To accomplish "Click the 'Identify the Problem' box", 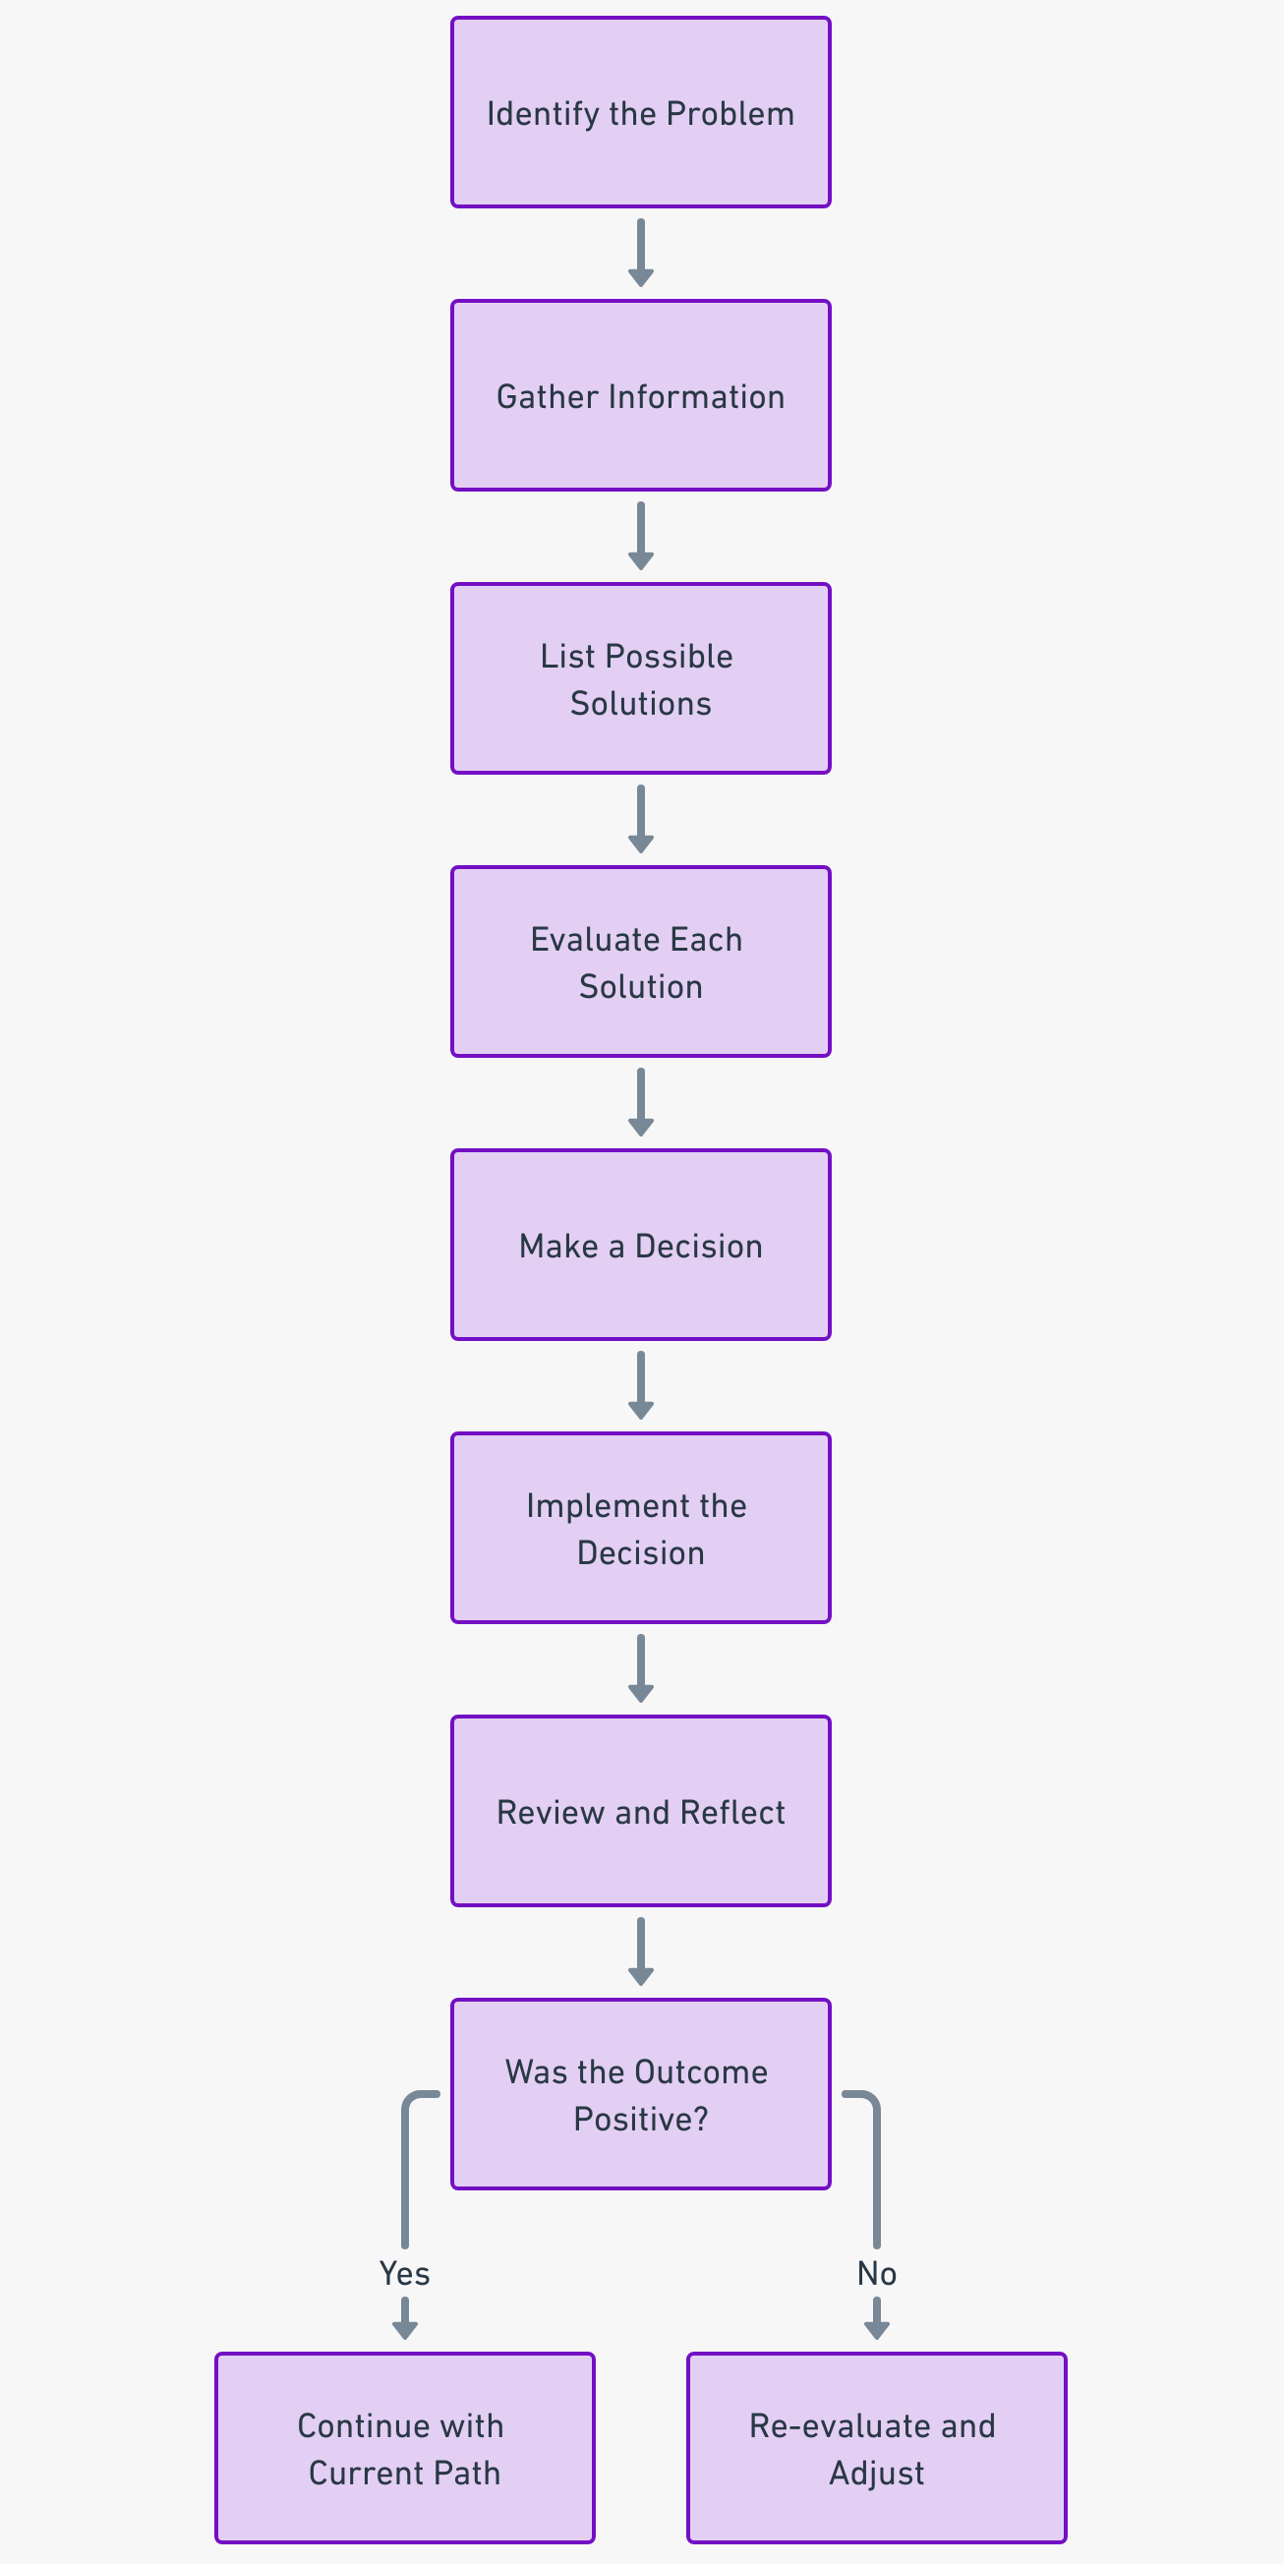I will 640,112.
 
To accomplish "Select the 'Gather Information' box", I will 640,395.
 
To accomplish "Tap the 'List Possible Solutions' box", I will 640,678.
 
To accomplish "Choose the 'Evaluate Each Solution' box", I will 640,961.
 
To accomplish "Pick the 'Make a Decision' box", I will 640,1246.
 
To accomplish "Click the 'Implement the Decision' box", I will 640,1528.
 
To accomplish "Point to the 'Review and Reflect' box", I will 640,1812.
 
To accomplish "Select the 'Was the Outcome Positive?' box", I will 640,2094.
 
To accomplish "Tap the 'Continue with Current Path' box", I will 404,2448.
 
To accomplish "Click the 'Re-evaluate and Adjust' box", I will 876,2448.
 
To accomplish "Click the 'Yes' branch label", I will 404,2273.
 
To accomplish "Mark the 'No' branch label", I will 876,2273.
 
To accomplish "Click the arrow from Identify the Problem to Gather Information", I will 640,253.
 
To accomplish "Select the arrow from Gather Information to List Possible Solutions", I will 640,536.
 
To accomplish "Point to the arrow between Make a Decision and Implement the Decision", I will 640,1384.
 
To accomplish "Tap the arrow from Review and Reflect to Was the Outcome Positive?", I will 640,1951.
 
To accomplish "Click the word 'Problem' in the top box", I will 730,113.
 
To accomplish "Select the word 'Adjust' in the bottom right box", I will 876,2473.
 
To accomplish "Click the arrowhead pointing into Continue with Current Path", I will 404,2329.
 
